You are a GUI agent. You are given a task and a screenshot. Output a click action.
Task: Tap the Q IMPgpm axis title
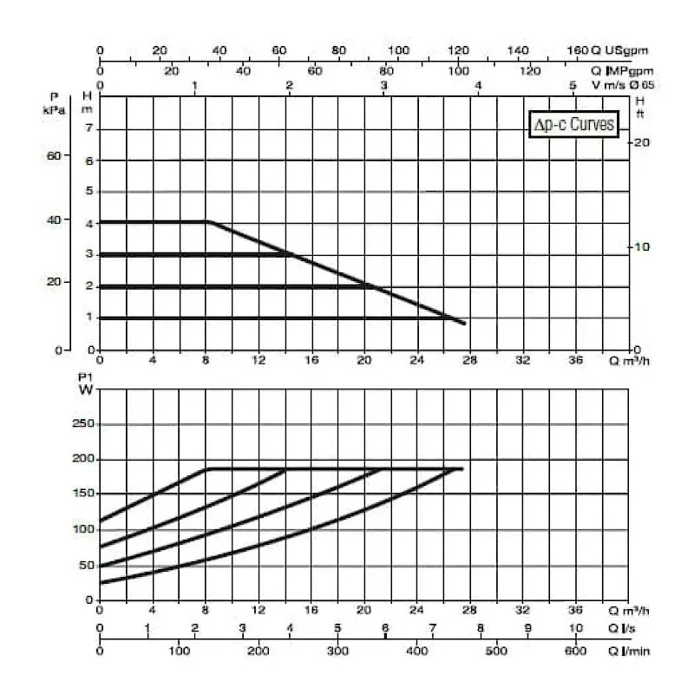tap(621, 70)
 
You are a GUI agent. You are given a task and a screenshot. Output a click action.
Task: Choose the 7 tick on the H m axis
tap(87, 129)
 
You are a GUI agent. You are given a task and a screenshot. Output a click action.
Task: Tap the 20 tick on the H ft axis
tap(641, 142)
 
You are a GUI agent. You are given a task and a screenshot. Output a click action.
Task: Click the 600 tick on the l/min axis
tap(575, 651)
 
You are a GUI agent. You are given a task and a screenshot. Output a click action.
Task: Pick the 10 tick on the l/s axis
tap(575, 628)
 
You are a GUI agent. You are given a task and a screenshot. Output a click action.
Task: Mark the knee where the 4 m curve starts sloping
tap(208, 222)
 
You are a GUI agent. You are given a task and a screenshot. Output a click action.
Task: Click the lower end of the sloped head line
tap(465, 324)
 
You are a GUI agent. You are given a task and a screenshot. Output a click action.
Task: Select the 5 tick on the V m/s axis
tap(573, 85)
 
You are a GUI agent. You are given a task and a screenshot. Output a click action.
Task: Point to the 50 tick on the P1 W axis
tap(85, 565)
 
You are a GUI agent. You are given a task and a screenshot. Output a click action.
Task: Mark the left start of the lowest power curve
tap(101, 582)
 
